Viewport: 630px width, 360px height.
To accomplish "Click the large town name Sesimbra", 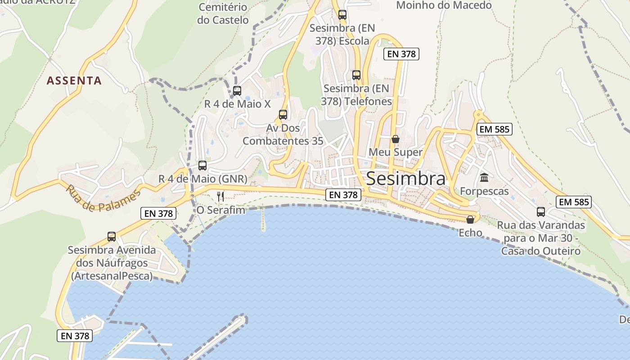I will pyautogui.click(x=405, y=179).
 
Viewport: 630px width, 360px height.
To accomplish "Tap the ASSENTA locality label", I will pyautogui.click(x=74, y=81).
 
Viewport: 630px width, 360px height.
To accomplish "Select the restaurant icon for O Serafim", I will pyautogui.click(x=220, y=196).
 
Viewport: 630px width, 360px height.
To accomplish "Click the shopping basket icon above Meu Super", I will pyautogui.click(x=395, y=139).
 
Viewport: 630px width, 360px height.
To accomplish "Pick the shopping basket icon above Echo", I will pyautogui.click(x=470, y=220).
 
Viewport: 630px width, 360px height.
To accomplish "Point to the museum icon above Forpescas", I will pyautogui.click(x=484, y=178).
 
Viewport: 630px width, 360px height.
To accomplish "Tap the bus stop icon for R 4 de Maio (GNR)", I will pyautogui.click(x=202, y=166).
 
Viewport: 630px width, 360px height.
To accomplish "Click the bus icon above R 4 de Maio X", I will pyautogui.click(x=237, y=91).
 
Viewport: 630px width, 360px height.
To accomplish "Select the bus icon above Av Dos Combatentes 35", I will pyautogui.click(x=283, y=115).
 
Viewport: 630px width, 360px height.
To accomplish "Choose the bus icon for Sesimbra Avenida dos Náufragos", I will pyautogui.click(x=112, y=237).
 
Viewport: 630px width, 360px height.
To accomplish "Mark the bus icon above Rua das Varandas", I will pyautogui.click(x=541, y=211).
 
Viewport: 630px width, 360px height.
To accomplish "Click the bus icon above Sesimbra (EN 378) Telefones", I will pyautogui.click(x=356, y=75).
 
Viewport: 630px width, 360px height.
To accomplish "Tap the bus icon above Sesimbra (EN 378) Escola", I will pyautogui.click(x=342, y=15).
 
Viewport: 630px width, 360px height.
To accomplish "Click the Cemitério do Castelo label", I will pyautogui.click(x=223, y=13).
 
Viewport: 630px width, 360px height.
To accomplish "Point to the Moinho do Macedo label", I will pyautogui.click(x=444, y=5).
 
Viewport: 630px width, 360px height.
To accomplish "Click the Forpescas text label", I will pyautogui.click(x=484, y=191).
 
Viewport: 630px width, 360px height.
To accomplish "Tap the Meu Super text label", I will pyautogui.click(x=395, y=152).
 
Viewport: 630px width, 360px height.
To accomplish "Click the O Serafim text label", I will pyautogui.click(x=220, y=210).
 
